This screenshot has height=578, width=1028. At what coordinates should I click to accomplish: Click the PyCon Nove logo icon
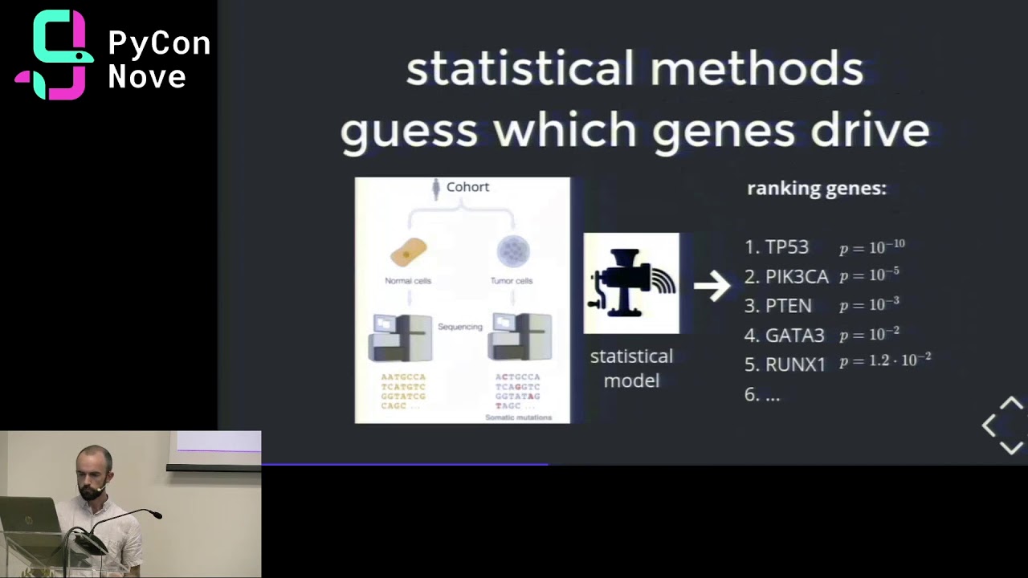pos(55,55)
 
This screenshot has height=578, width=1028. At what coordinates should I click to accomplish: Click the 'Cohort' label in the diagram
pos(467,187)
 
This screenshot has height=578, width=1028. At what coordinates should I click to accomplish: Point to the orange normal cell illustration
pos(408,252)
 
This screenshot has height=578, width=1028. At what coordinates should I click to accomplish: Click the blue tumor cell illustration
pos(512,251)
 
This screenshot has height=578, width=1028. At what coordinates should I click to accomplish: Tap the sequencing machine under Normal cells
pos(399,337)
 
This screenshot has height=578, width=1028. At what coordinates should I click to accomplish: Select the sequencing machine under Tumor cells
pos(520,337)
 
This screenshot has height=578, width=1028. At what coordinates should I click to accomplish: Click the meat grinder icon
pos(630,283)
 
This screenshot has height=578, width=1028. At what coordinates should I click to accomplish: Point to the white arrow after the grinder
pos(712,284)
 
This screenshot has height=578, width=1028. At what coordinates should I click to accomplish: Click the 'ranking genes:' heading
pos(816,189)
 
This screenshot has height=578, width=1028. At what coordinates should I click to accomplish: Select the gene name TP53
pos(786,247)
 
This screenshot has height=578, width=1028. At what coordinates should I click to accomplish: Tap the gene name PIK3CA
pos(796,277)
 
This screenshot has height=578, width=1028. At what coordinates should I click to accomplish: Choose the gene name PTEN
pos(788,306)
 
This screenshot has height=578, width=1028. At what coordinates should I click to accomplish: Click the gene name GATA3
pos(794,335)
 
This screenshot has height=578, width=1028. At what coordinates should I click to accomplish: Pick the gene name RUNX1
pos(795,364)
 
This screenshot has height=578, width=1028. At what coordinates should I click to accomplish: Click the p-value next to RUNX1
pos(885,361)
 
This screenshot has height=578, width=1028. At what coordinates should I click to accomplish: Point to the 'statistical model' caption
pos(631,368)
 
